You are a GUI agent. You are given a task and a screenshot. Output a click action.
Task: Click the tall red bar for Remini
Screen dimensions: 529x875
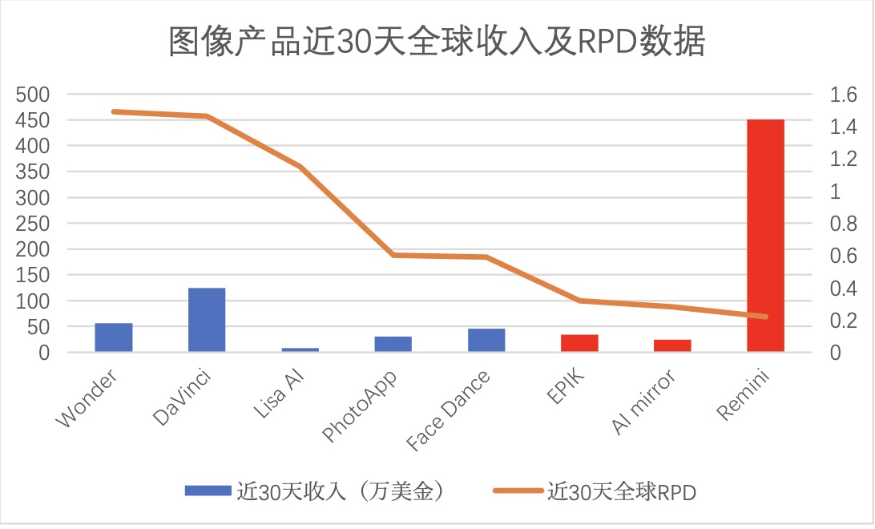tap(765, 236)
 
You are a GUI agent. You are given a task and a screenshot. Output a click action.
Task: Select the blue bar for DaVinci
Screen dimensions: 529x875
tap(207, 320)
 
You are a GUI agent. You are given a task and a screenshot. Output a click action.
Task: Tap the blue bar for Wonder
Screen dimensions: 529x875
tap(114, 337)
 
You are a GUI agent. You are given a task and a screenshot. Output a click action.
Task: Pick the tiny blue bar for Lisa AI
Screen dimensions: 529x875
tap(300, 349)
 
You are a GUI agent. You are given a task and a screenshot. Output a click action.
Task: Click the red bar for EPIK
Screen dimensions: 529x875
tap(579, 343)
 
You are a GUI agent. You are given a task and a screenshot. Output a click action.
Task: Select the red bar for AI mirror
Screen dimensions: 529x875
tap(672, 345)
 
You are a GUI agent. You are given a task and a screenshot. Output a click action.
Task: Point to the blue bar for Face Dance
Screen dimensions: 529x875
tap(486, 340)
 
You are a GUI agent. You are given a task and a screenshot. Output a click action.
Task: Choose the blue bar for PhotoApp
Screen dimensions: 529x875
tap(393, 344)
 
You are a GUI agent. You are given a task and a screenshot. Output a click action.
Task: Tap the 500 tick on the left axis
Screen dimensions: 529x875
tap(34, 95)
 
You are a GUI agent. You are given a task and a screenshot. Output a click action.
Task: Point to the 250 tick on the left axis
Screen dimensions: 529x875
tap(34, 224)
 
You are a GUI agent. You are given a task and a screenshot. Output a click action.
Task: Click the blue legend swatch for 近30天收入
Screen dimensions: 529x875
tap(207, 491)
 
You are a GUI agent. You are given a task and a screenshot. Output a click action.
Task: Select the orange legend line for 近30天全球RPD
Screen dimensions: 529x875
tap(517, 491)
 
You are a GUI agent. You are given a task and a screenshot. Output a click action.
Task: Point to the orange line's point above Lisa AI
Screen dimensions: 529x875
tap(300, 167)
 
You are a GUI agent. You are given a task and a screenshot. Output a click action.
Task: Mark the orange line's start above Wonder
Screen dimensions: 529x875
tap(114, 111)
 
